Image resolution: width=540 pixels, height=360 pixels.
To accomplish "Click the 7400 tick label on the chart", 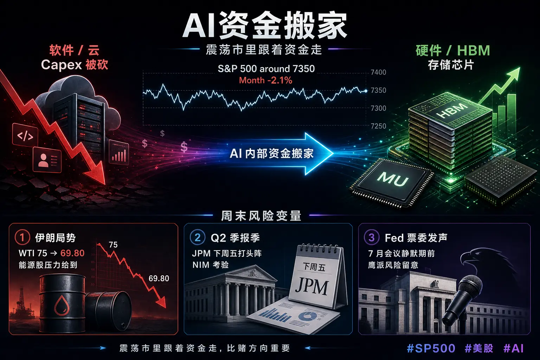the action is pos(378,72).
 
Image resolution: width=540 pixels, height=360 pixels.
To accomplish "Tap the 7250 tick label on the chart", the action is pos(378,126).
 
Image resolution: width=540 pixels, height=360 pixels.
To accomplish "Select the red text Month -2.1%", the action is pos(265,80).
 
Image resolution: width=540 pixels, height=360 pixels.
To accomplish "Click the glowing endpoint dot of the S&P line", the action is pos(366,91).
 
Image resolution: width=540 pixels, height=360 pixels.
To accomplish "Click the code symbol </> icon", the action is pos(25,136).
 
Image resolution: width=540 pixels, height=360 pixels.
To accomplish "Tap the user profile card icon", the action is pos(47,160).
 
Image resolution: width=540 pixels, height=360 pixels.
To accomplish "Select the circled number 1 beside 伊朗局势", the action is pos(22,238).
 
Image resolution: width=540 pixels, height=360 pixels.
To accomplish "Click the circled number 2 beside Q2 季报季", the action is pos(198,238).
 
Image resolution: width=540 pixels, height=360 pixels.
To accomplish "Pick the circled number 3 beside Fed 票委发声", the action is pos(372,238).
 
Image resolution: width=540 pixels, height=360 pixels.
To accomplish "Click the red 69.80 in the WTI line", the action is pos(72,253).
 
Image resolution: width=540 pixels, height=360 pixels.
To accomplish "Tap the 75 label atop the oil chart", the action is pos(113,245).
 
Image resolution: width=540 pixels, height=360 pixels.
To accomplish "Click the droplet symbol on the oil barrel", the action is pos(62,305).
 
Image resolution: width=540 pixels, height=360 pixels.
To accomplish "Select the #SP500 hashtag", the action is pos(431,348).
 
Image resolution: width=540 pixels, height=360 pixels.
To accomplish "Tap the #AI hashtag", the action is pos(514,348).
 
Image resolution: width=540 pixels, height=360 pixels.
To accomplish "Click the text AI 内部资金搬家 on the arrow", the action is pos(272,154).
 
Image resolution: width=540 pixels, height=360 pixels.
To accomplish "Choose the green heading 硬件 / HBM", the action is pos(453,50).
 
